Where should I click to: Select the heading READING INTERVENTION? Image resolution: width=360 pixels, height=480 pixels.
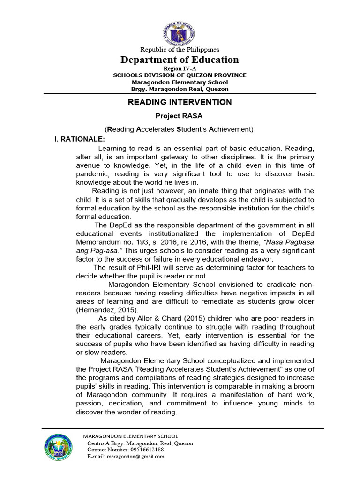(x=180, y=102)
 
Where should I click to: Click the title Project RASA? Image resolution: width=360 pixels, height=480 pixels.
(x=180, y=115)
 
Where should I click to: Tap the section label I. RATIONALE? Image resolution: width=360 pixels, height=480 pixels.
(x=80, y=139)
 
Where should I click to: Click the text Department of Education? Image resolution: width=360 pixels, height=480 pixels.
(x=180, y=60)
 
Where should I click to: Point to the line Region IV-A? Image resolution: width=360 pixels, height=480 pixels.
(x=180, y=68)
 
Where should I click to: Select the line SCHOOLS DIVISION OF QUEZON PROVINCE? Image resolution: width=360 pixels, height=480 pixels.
(x=180, y=75)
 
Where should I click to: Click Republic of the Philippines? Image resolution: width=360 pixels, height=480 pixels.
(x=180, y=49)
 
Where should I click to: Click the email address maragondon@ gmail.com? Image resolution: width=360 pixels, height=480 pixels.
(x=135, y=457)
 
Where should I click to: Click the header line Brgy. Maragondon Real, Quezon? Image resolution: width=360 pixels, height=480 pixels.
(x=180, y=89)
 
